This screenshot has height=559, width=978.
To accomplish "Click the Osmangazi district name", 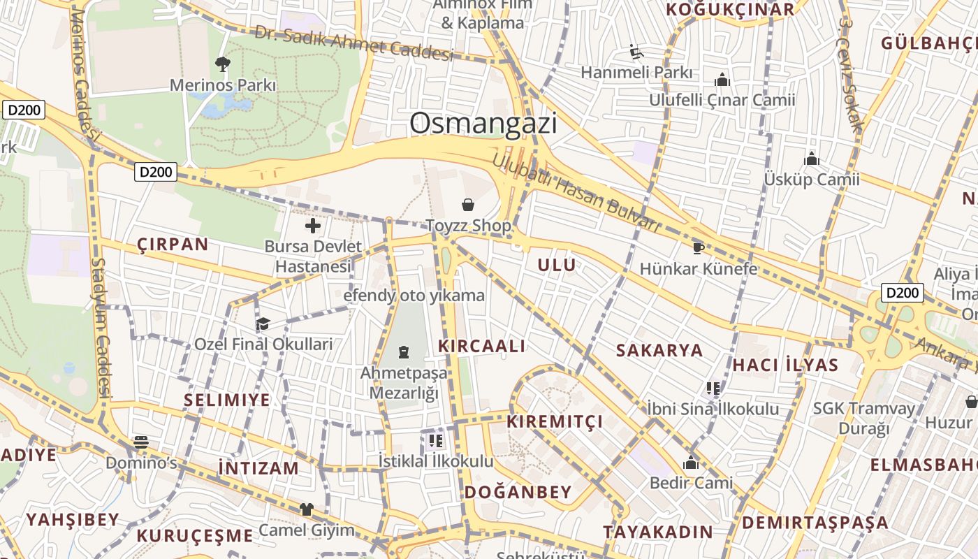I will [x=483, y=124].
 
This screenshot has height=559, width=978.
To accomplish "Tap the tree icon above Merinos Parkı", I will [x=223, y=64].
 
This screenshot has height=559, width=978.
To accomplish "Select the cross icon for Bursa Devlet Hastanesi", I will [x=313, y=225].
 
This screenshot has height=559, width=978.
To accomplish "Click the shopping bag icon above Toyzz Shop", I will [x=468, y=204].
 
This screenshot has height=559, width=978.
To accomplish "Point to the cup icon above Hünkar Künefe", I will [x=698, y=247].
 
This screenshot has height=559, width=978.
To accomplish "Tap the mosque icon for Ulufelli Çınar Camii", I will [x=722, y=80].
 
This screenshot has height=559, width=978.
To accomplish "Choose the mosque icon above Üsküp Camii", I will [x=811, y=159].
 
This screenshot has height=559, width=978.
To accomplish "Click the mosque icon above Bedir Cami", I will [x=691, y=463].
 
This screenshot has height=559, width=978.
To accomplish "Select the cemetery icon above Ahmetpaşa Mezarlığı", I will [x=404, y=351].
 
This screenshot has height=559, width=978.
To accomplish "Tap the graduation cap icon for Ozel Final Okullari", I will [x=263, y=324].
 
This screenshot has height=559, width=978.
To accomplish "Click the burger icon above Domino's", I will [x=141, y=442].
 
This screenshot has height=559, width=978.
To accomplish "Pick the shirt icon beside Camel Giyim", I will [x=306, y=509].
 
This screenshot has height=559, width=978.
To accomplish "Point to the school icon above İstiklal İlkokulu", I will [x=436, y=440].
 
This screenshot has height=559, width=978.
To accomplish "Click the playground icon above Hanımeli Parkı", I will [x=636, y=52].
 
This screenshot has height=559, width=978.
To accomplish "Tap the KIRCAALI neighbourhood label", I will [x=481, y=346].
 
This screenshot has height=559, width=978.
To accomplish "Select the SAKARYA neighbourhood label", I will [x=659, y=350].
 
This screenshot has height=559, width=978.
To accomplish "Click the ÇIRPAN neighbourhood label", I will [x=173, y=244].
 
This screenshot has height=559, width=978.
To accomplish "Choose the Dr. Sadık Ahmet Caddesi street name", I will [x=353, y=43].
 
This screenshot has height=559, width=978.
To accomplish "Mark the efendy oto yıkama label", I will [x=414, y=296].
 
